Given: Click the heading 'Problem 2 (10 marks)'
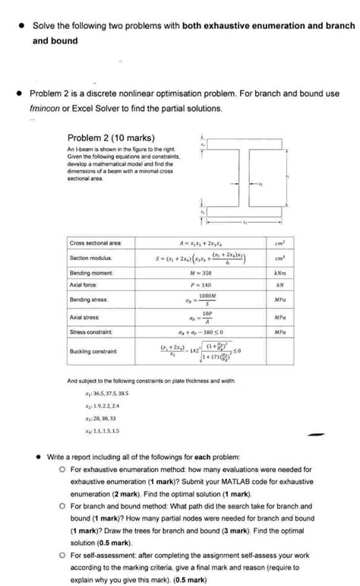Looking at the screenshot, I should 111,138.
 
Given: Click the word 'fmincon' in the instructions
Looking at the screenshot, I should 44,109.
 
